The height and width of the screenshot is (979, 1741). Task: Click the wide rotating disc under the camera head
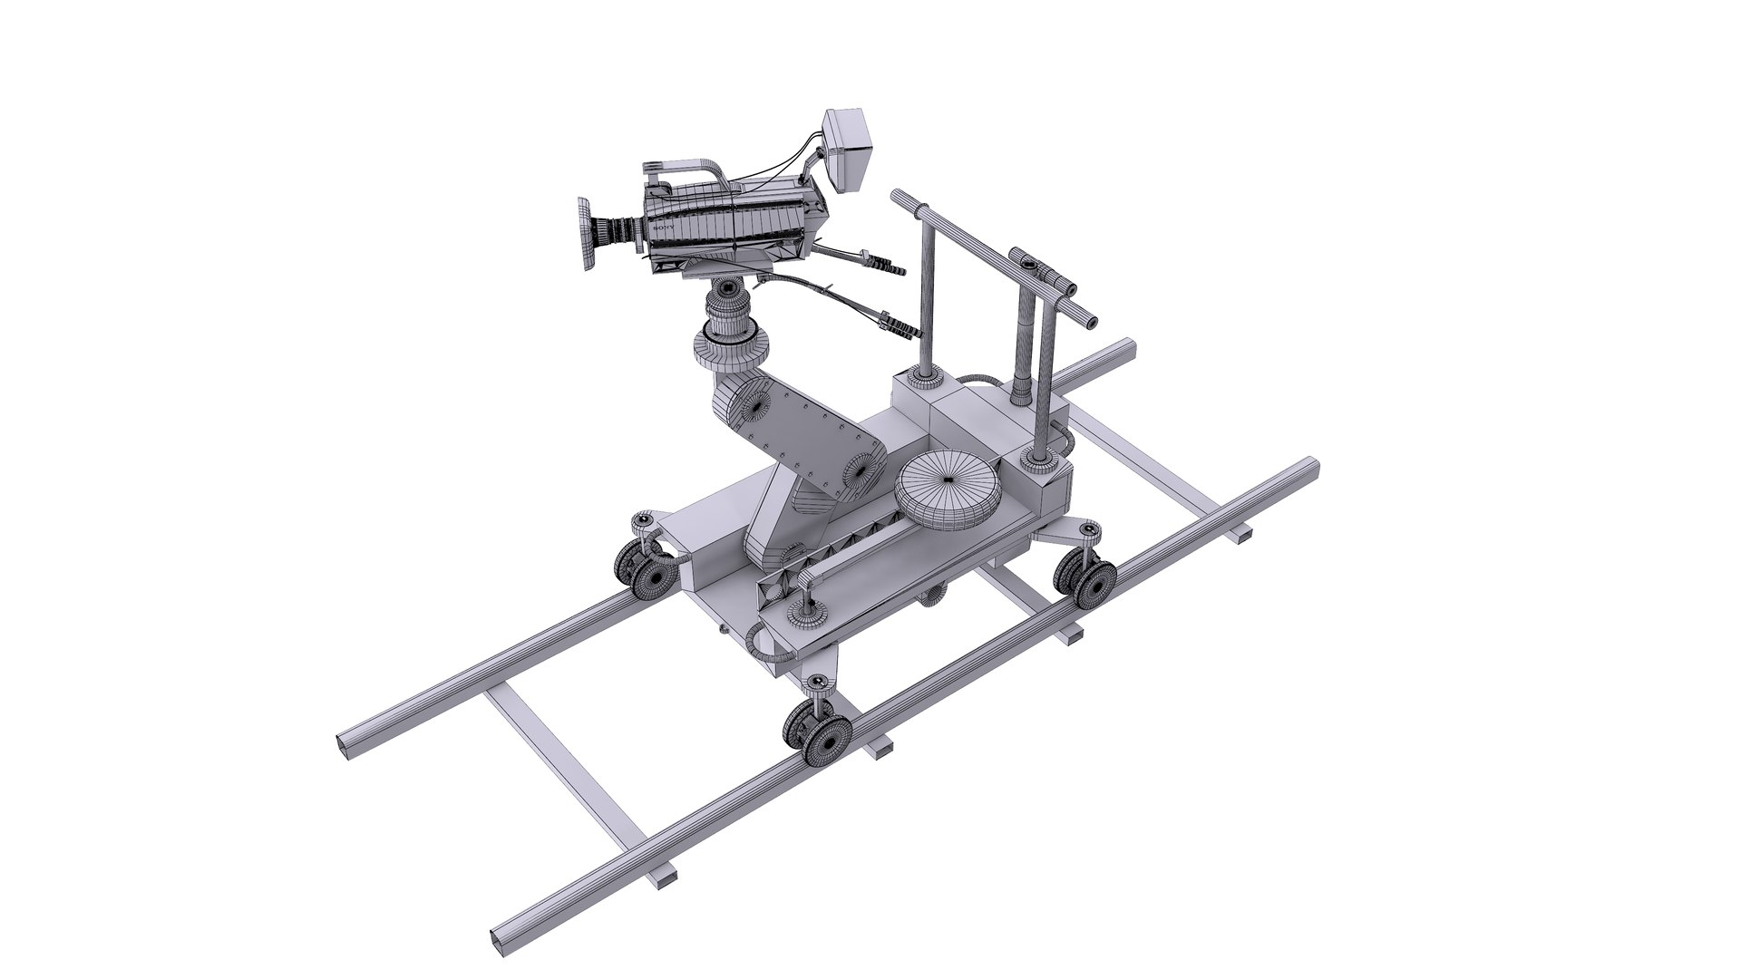click(734, 349)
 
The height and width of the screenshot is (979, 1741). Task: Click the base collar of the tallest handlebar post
click(1039, 461)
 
